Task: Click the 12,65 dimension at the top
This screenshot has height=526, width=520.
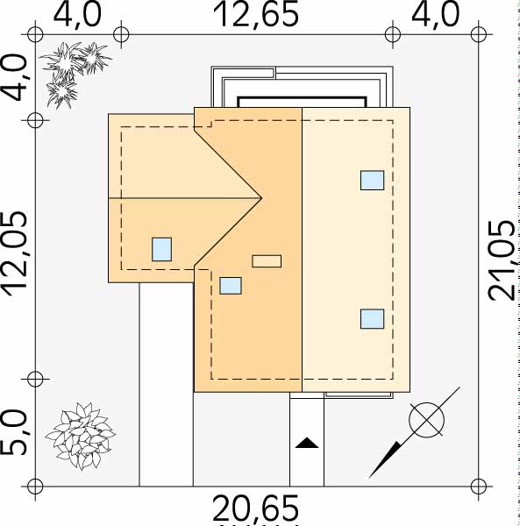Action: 256,14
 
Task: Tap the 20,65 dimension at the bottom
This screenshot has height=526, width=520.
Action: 256,508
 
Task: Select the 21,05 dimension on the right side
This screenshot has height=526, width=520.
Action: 502,260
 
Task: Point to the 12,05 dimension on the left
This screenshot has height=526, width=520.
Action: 15,254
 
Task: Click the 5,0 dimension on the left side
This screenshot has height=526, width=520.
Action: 14,433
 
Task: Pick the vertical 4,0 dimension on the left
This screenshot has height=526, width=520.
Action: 15,78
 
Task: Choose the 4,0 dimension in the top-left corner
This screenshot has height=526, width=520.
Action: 77,14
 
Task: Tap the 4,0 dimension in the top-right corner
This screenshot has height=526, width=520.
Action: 435,14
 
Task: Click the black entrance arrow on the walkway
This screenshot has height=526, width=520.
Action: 307,443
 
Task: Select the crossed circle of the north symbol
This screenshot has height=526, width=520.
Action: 427,419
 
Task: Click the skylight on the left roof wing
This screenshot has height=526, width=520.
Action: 161,249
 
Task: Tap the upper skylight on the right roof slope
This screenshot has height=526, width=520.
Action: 373,180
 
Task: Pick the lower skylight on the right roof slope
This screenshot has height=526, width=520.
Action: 373,319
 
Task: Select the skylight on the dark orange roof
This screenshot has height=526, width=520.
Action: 231,286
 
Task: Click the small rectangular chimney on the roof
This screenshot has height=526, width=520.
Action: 267,261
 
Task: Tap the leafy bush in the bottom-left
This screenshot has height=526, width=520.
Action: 81,436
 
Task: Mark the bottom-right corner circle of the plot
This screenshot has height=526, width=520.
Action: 479,486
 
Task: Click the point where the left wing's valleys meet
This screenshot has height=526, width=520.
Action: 261,198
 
